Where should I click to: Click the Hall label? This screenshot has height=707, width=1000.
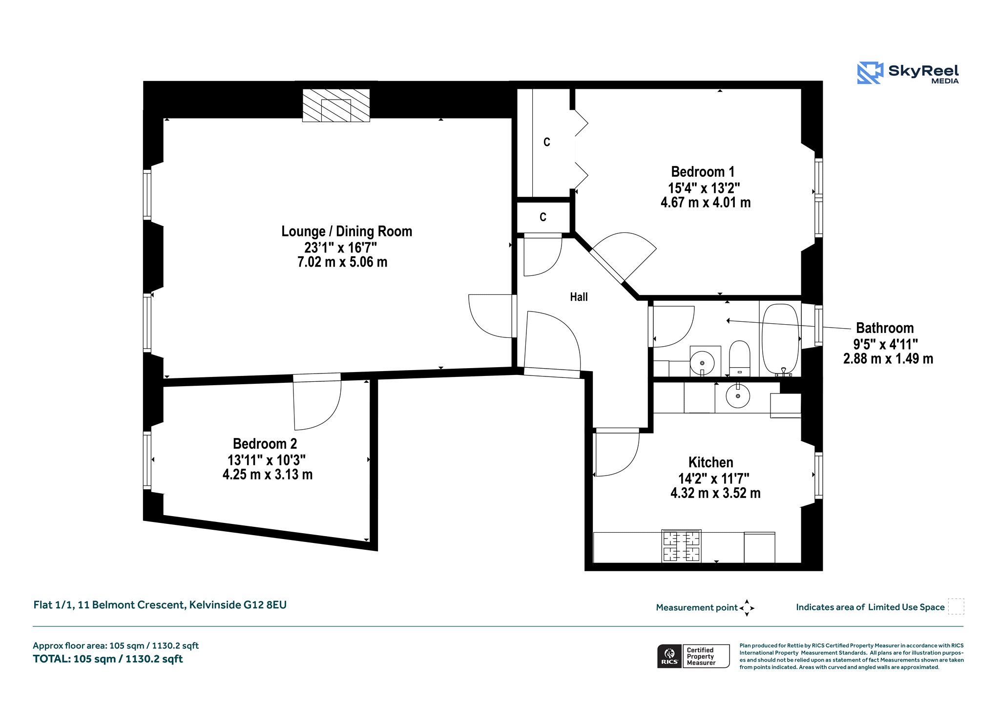pyautogui.click(x=579, y=297)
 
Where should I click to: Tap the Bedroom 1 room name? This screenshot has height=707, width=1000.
pyautogui.click(x=703, y=172)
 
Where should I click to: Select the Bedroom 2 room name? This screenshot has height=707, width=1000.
pyautogui.click(x=265, y=444)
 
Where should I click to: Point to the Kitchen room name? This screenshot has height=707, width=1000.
pyautogui.click(x=710, y=462)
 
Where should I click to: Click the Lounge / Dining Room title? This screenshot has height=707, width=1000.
pyautogui.click(x=347, y=231)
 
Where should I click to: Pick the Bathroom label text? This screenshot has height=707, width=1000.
pyautogui.click(x=885, y=328)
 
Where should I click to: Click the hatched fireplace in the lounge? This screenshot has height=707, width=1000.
pyautogui.click(x=336, y=105)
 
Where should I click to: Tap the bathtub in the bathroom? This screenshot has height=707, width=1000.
pyautogui.click(x=780, y=340)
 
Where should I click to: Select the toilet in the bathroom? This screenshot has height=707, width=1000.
pyautogui.click(x=739, y=358)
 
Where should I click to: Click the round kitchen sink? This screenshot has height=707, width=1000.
pyautogui.click(x=738, y=395)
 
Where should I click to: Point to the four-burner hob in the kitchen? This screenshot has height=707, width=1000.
pyautogui.click(x=682, y=546)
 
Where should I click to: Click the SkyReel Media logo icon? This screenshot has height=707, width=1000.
pyautogui.click(x=870, y=73)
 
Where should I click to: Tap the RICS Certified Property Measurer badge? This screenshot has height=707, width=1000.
pyautogui.click(x=693, y=656)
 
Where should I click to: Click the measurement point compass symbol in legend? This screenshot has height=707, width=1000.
pyautogui.click(x=747, y=608)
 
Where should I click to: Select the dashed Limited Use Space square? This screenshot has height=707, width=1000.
pyautogui.click(x=956, y=606)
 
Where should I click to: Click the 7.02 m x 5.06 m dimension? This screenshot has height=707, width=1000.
pyautogui.click(x=342, y=262)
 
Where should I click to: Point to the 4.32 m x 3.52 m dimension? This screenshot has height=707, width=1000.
pyautogui.click(x=715, y=493)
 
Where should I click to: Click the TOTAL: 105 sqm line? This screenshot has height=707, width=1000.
pyautogui.click(x=108, y=659)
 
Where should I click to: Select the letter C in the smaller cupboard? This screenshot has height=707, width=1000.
pyautogui.click(x=543, y=217)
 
